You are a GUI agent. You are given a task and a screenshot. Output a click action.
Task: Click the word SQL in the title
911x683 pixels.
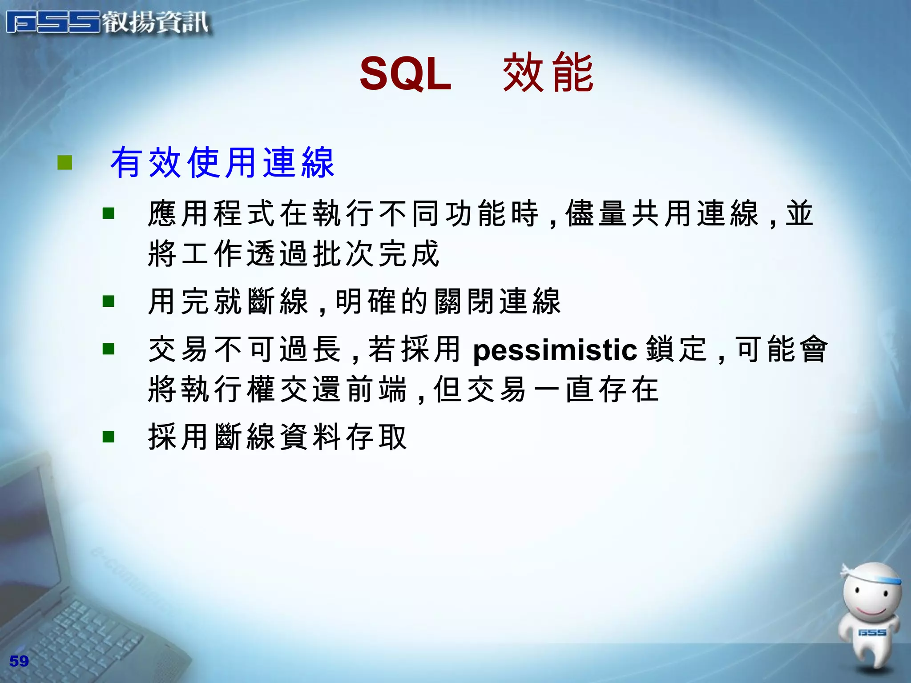point(405,74)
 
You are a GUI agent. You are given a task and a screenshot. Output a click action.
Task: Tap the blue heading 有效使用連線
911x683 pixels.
point(222,163)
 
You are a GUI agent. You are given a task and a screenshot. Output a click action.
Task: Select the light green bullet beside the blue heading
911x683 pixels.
point(65,163)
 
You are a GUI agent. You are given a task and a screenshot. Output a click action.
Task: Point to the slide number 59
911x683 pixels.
point(19,661)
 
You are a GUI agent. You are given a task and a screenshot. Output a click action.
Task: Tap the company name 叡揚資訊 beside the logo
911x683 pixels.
point(156,22)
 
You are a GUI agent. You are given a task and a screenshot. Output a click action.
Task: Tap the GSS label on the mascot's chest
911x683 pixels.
point(872,632)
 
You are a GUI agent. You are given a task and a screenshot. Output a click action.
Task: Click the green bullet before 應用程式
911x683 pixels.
point(109,214)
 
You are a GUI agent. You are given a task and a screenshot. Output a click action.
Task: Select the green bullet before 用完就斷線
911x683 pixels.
point(109,301)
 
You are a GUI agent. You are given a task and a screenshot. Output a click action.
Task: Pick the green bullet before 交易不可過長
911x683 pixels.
point(109,349)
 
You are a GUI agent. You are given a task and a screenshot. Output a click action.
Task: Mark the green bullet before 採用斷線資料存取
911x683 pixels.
point(109,437)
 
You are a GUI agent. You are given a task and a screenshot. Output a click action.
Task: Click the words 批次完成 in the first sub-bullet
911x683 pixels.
point(376,253)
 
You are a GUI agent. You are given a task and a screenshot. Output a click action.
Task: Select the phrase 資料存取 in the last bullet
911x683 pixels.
point(343,437)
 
